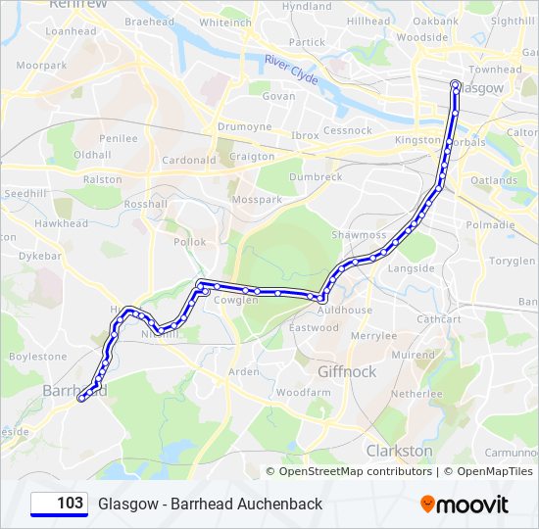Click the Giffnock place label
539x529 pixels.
click(x=347, y=372)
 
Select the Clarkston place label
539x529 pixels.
click(x=399, y=451)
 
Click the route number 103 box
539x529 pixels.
click(x=59, y=504)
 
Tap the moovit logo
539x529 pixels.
click(x=465, y=505)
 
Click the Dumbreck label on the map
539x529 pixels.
click(x=316, y=177)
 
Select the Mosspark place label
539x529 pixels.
click(x=258, y=199)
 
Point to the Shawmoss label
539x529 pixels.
click(x=359, y=235)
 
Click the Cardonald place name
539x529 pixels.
click(x=189, y=160)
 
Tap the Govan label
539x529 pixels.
click(x=279, y=96)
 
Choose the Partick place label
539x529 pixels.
click(x=307, y=42)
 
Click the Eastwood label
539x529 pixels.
click(x=314, y=328)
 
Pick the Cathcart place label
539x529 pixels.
click(x=438, y=319)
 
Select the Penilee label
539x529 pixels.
click(x=118, y=139)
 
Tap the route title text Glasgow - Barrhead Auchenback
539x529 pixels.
click(x=210, y=504)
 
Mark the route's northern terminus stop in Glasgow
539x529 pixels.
click(x=455, y=84)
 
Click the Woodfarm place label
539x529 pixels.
click(x=303, y=392)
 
